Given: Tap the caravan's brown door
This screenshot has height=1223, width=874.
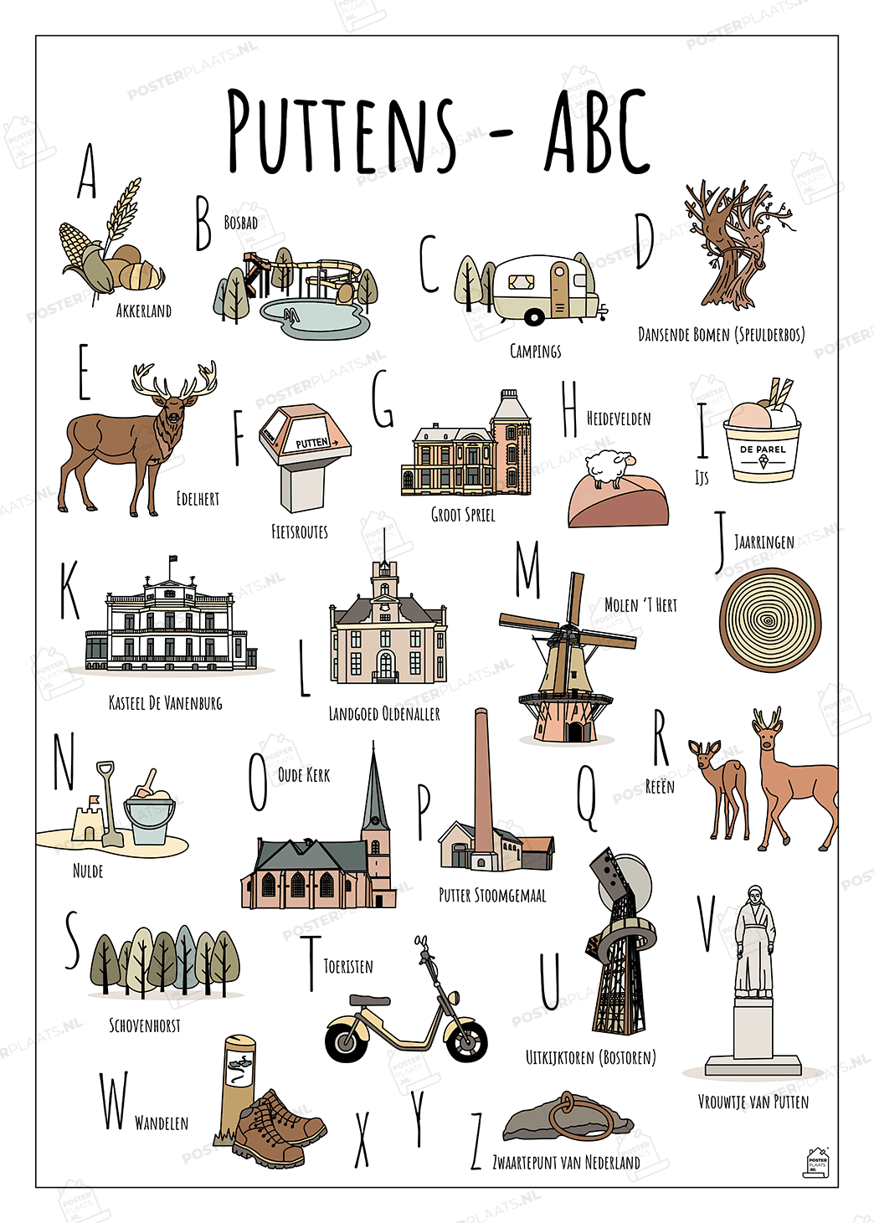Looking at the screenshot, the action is click(x=559, y=290).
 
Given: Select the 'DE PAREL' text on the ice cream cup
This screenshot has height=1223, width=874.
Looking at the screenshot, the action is click(x=763, y=450).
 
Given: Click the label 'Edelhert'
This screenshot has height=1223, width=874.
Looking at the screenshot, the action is click(x=198, y=498).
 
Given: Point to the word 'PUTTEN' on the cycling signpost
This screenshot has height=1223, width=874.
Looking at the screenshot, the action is click(x=312, y=443).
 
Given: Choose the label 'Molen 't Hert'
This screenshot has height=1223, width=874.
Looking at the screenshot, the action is click(x=641, y=605).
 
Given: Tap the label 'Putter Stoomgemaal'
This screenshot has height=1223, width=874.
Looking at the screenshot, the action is click(x=492, y=896).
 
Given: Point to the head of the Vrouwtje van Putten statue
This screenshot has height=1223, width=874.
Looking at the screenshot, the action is click(x=755, y=895).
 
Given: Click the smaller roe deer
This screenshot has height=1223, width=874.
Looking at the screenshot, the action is click(x=719, y=789).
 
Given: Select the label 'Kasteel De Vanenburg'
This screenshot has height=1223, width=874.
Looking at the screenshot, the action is click(x=166, y=702).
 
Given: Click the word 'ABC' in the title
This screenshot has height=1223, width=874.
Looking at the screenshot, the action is click(x=597, y=132).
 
